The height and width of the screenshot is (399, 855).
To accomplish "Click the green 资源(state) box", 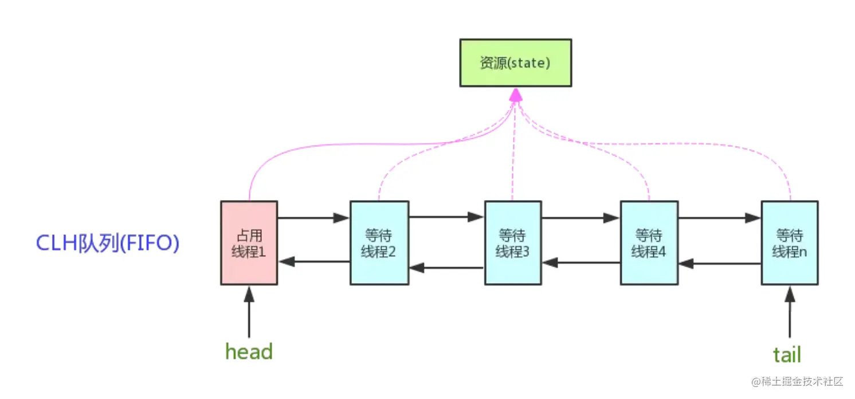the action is (516, 63).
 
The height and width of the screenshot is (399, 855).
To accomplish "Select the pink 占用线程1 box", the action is (249, 243).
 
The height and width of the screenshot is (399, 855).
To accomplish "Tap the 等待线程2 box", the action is (379, 243).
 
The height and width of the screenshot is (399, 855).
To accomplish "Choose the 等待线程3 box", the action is (513, 243).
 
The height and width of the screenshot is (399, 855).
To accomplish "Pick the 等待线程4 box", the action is (649, 243).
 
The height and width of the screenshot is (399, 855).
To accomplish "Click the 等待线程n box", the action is (790, 243).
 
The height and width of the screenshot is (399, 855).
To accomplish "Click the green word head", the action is (249, 351).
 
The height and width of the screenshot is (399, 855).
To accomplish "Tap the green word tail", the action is (787, 355).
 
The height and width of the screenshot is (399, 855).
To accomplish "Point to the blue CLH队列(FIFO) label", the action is (108, 243).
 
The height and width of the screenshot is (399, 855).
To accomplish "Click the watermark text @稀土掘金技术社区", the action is (797, 381).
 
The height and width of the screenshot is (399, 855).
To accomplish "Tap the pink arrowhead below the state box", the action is (516, 95).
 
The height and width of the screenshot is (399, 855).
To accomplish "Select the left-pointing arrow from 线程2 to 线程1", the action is (314, 261).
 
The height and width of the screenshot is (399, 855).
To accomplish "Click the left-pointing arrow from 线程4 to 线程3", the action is (581, 263).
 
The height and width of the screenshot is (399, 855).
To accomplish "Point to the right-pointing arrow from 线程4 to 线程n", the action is (720, 218).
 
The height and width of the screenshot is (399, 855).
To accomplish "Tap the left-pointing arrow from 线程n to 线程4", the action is (720, 264).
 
